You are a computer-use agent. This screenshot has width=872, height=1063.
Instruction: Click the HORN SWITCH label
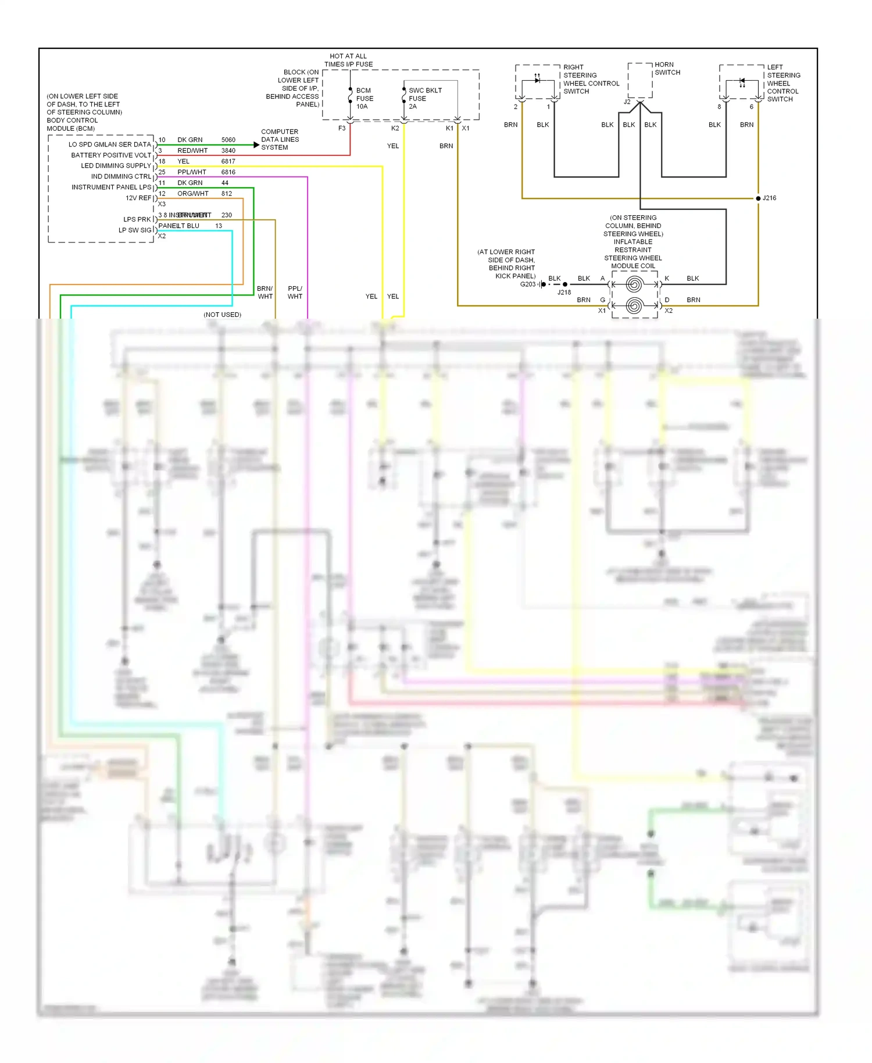[667, 69]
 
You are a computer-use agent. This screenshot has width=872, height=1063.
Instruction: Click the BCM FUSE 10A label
[364, 98]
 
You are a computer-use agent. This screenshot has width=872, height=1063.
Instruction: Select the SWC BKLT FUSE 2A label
[424, 98]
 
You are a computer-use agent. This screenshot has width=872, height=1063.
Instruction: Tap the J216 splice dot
[758, 198]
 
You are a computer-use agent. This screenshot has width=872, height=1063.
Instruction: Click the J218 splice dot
[564, 284]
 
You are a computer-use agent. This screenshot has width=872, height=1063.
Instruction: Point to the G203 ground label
[527, 284]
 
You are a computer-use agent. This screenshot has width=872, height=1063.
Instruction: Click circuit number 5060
[228, 140]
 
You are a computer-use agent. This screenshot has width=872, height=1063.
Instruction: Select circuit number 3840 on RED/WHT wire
[228, 151]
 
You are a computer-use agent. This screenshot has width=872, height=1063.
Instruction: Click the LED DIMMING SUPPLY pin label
[116, 166]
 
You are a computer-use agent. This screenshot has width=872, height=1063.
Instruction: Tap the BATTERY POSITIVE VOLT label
[111, 155]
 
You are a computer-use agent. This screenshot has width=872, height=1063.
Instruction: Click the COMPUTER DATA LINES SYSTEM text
[280, 140]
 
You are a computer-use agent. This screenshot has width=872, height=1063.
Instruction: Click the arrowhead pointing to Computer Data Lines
[256, 145]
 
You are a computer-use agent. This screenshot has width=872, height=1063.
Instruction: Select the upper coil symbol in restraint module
[634, 284]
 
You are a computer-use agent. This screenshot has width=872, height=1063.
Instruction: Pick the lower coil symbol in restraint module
[634, 305]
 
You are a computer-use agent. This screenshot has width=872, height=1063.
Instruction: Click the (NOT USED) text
[222, 315]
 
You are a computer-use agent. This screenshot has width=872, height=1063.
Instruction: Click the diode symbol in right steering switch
[537, 80]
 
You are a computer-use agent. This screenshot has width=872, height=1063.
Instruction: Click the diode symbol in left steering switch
[742, 81]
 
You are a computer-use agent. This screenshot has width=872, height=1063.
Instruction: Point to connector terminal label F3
[342, 129]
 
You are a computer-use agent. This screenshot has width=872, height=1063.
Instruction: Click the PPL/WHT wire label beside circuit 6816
[192, 172]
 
